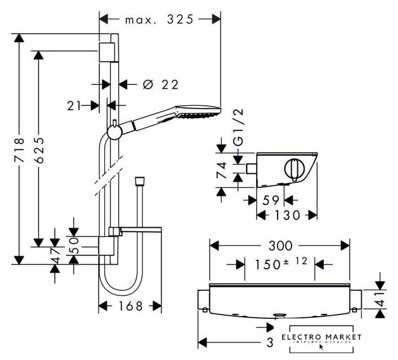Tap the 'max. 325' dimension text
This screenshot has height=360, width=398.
coord(159,19)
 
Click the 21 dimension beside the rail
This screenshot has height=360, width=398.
coord(71,105)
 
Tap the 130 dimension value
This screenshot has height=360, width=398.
coord(287,215)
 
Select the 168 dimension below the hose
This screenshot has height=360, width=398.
coord(129,307)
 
